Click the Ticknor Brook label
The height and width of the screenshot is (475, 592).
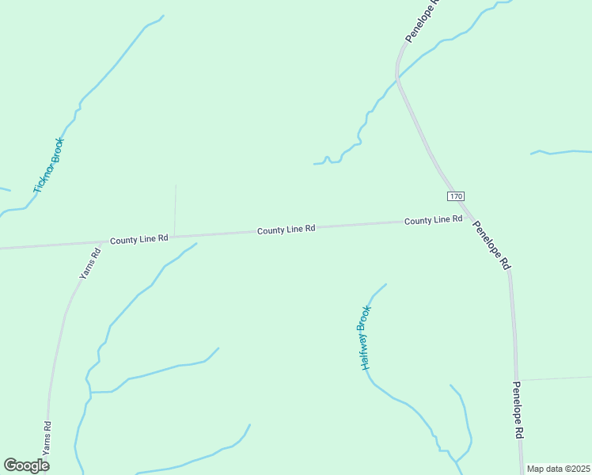click(x=48, y=165)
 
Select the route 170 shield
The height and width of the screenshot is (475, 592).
click(x=454, y=196)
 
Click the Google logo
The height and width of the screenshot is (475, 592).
click(x=26, y=465)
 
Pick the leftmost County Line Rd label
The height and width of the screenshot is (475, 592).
click(x=139, y=238)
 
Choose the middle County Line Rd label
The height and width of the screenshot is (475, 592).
click(x=287, y=229)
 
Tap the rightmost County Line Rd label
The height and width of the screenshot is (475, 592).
click(x=433, y=219)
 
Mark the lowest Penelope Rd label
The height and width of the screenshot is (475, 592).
click(x=517, y=410)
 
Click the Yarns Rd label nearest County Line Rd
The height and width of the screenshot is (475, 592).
click(x=89, y=264)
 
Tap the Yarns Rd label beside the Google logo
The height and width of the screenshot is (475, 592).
click(x=47, y=436)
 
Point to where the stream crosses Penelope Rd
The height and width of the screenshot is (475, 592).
click(x=398, y=78)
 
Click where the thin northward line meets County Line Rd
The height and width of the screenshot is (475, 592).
click(x=174, y=236)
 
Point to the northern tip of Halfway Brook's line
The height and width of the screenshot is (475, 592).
click(x=386, y=283)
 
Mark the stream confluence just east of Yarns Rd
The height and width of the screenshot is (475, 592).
click(x=90, y=392)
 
